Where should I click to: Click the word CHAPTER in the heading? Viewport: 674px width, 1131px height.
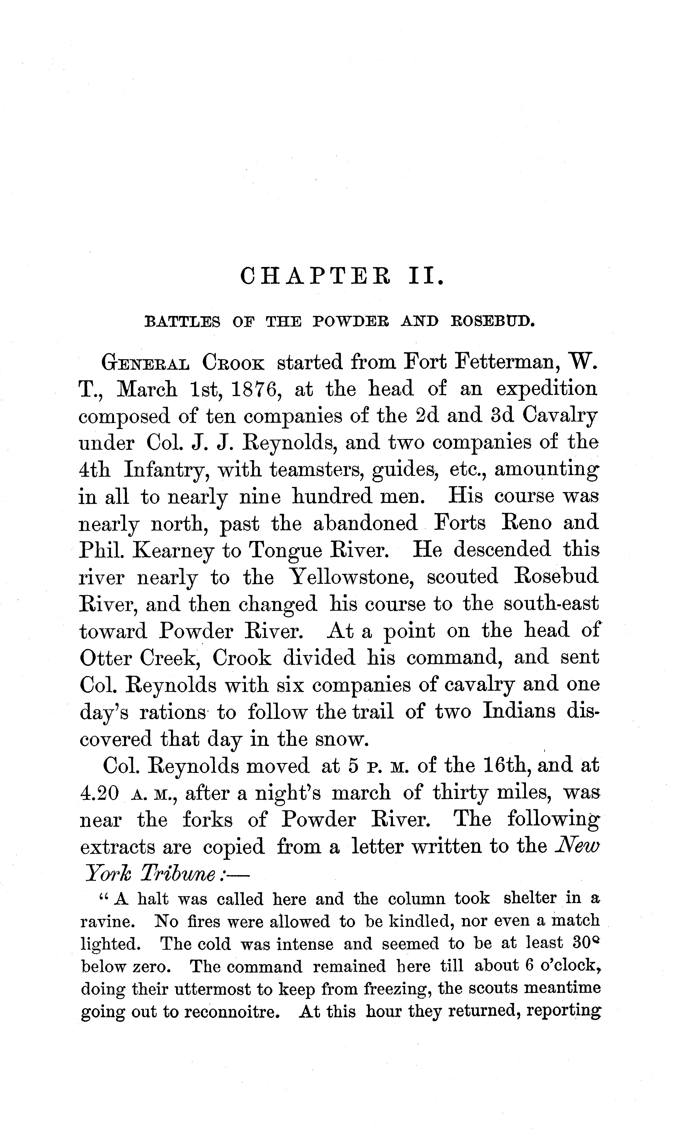tap(315, 276)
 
